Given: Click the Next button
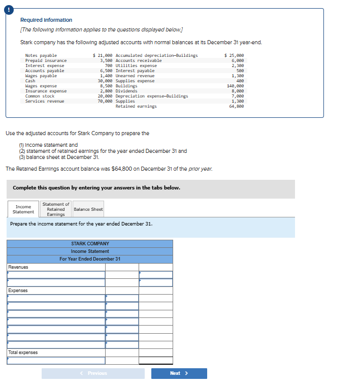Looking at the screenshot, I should click(179, 373).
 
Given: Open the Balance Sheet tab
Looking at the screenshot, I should click(88, 209).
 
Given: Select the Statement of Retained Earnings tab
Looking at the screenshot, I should click(56, 209).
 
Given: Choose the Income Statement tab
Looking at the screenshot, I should click(23, 209).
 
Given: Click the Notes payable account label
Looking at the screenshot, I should click(41, 55).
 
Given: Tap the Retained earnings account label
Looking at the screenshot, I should click(136, 106).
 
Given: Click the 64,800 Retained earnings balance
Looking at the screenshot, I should click(236, 106).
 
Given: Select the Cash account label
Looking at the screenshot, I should click(30, 81).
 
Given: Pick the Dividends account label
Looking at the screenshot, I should click(126, 91).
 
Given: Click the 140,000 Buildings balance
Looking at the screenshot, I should click(235, 86).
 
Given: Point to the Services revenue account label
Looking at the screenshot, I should click(45, 101).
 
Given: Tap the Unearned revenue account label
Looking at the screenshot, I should click(135, 76).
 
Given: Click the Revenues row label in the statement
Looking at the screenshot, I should click(18, 267).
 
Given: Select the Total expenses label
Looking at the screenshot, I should click(23, 352).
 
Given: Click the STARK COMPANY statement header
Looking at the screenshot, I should click(90, 244).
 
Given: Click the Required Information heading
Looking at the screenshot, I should click(46, 20).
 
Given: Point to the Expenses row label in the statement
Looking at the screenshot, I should click(18, 291).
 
